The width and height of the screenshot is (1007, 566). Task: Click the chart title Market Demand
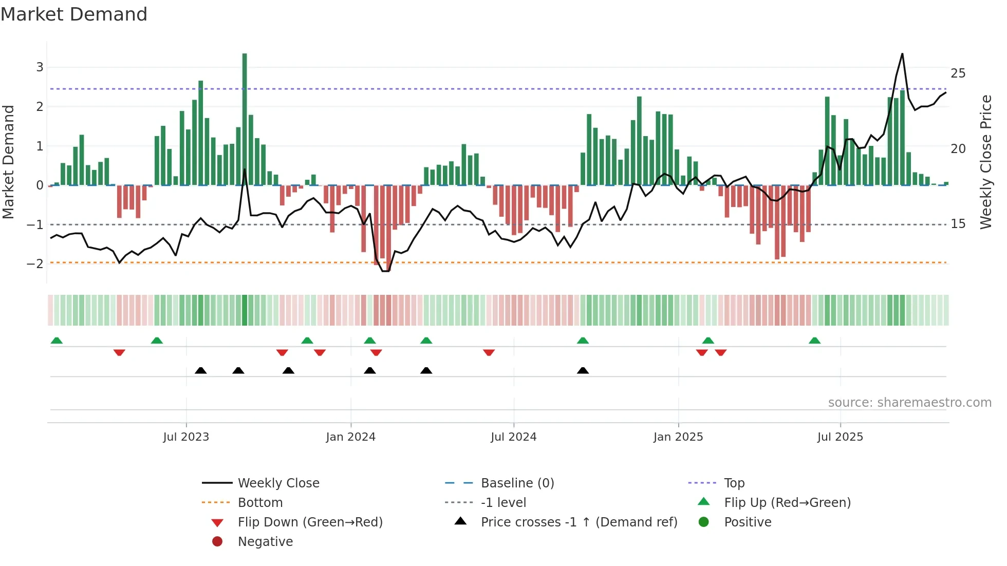[74, 14]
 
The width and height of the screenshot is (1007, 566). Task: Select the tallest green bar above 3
[245, 118]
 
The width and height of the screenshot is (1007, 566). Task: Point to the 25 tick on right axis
[958, 73]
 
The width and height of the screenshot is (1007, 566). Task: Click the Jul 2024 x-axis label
[513, 437]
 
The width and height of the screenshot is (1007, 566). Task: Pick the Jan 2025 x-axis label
[678, 437]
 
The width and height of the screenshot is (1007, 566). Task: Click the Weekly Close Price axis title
[985, 162]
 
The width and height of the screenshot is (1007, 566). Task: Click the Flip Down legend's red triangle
[217, 523]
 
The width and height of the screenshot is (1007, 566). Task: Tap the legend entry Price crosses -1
[579, 522]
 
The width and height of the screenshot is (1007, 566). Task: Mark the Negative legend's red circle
[217, 542]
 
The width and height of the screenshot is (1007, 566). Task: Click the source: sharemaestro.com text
[909, 403]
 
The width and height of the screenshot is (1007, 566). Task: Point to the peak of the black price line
[902, 54]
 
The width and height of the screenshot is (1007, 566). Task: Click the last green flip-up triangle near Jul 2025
[814, 341]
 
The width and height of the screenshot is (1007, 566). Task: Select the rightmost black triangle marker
[583, 371]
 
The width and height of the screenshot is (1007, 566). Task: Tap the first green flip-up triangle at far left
[57, 341]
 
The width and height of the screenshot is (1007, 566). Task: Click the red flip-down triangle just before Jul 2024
[489, 352]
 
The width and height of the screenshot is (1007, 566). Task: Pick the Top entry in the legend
[734, 483]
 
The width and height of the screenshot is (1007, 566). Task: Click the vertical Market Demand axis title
[9, 162]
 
